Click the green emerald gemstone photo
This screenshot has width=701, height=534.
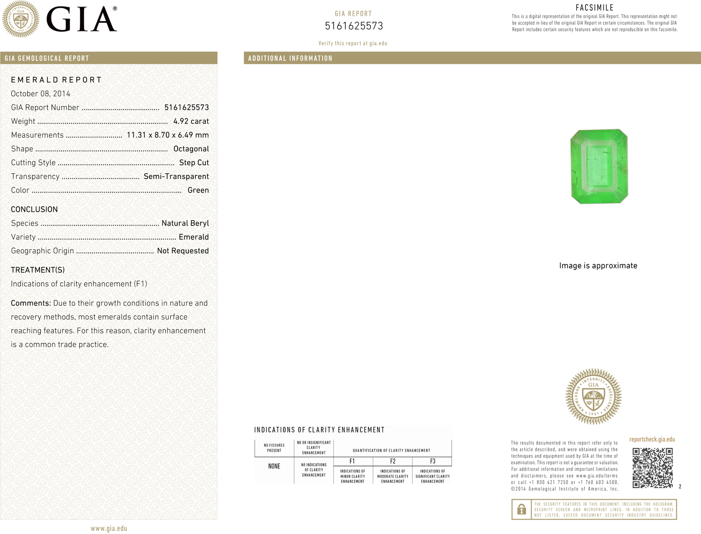click(x=599, y=166)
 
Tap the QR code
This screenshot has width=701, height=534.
click(x=652, y=468)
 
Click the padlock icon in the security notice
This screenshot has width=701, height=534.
click(x=522, y=509)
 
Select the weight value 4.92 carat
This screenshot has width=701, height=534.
click(x=191, y=121)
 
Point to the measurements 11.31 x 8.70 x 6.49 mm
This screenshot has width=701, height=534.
click(x=167, y=135)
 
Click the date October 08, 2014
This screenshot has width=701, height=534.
click(x=40, y=94)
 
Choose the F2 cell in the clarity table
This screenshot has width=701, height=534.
click(x=393, y=461)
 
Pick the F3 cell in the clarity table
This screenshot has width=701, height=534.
click(x=433, y=461)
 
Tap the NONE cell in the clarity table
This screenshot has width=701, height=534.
click(x=274, y=466)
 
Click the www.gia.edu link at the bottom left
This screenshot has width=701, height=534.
click(x=109, y=528)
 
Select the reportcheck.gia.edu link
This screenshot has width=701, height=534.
click(x=652, y=440)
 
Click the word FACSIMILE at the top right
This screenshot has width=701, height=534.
click(x=595, y=8)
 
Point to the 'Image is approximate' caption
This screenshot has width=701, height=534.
click(x=598, y=266)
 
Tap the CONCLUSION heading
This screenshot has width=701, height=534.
click(x=34, y=209)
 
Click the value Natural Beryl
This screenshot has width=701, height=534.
click(x=185, y=223)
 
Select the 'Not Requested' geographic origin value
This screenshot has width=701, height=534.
click(x=183, y=251)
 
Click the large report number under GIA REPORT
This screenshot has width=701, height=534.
click(x=354, y=26)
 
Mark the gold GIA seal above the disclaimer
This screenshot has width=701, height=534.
click(x=593, y=396)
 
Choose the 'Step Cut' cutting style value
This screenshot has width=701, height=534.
click(x=194, y=162)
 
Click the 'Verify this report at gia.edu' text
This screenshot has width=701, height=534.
click(x=353, y=43)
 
